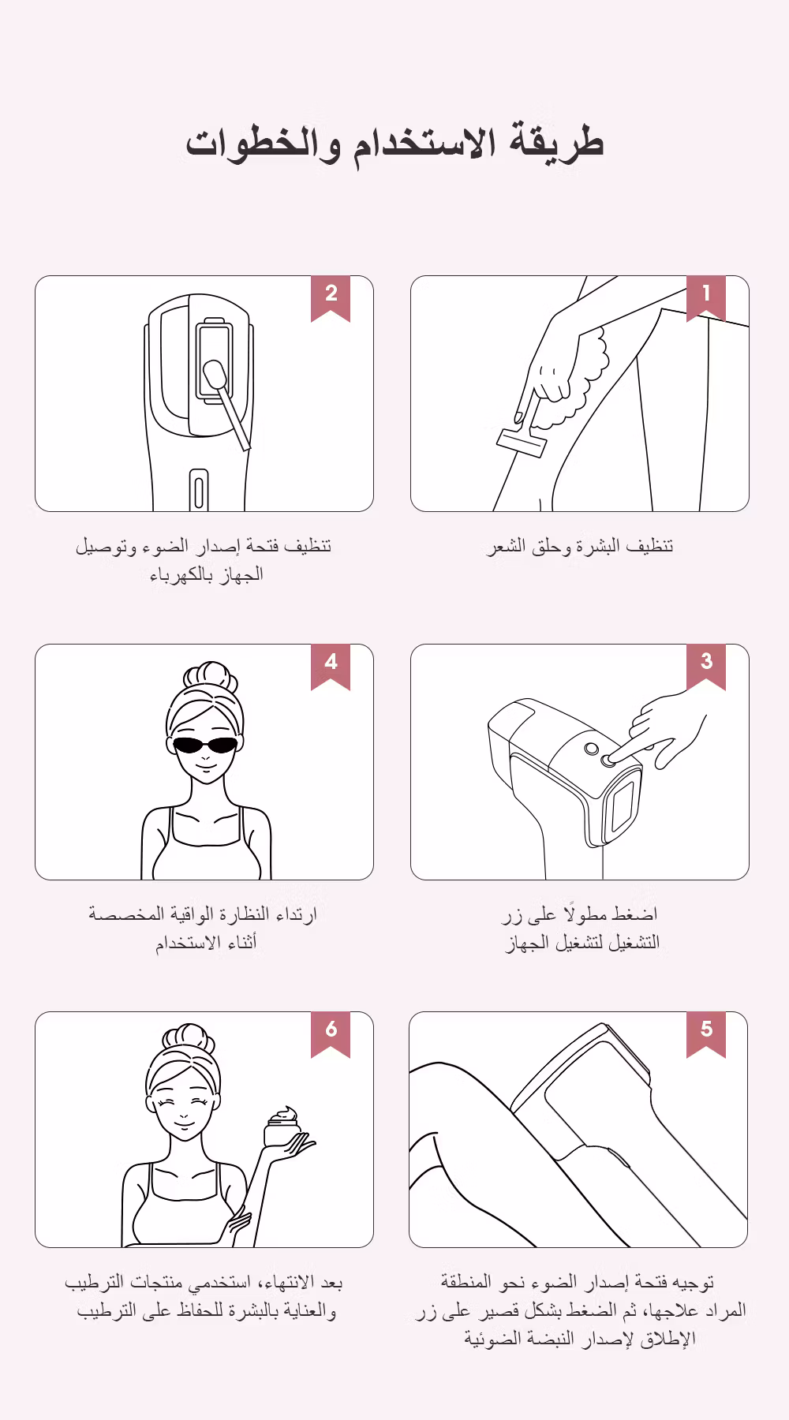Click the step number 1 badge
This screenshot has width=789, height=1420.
pyautogui.click(x=706, y=297)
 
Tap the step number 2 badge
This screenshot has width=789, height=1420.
pyautogui.click(x=331, y=297)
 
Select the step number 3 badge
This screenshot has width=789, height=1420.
pyautogui.click(x=706, y=665)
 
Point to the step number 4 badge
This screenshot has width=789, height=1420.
pyautogui.click(x=331, y=665)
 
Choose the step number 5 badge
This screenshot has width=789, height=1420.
pyautogui.click(x=706, y=1033)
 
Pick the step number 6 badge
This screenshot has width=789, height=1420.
pyautogui.click(x=331, y=1033)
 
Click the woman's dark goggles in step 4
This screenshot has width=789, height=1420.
pyautogui.click(x=205, y=745)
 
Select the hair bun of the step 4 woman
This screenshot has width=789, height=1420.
pyautogui.click(x=210, y=676)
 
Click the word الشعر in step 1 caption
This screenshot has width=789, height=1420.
pyautogui.click(x=505, y=546)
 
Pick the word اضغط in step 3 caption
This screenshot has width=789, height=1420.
pyautogui.click(x=634, y=914)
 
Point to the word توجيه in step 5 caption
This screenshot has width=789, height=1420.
pyautogui.click(x=697, y=1283)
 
